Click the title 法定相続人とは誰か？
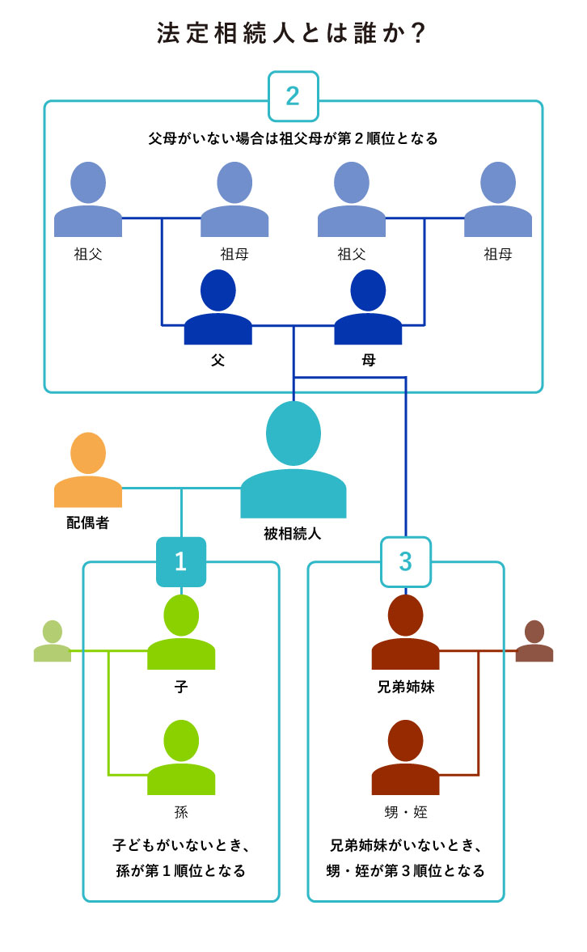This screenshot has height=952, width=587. pyautogui.click(x=292, y=34)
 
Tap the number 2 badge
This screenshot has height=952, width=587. pyautogui.click(x=293, y=96)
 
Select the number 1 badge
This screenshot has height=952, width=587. pyautogui.click(x=180, y=561)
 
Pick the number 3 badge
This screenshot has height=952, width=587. pyautogui.click(x=405, y=561)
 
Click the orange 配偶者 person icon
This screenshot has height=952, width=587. pyautogui.click(x=88, y=471)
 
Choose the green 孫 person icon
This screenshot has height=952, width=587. pyautogui.click(x=181, y=759)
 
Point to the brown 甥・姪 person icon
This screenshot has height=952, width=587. pyautogui.click(x=405, y=759)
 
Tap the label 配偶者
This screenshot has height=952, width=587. pyautogui.click(x=87, y=523)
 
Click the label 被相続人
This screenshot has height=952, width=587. pyautogui.click(x=293, y=533)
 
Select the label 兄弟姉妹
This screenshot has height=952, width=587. pyautogui.click(x=405, y=687)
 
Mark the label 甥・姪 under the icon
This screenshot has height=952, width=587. pyautogui.click(x=405, y=812)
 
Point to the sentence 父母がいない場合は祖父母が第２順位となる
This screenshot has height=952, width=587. pyautogui.click(x=293, y=138)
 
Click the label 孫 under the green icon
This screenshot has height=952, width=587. pyautogui.click(x=181, y=812)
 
